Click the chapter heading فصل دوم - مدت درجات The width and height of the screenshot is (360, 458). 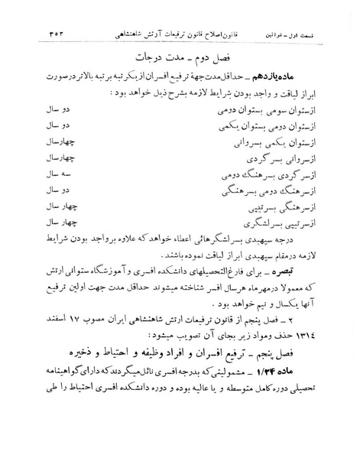pos(183,57)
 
